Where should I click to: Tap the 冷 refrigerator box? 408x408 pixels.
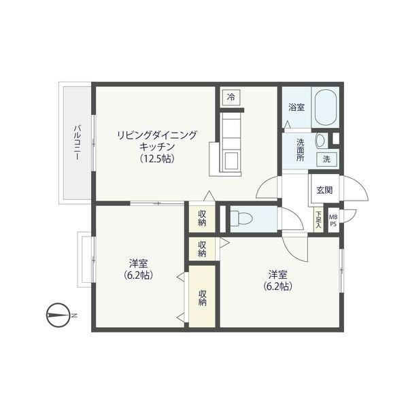pos(231,97)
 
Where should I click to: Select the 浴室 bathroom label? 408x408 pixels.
pos(296,107)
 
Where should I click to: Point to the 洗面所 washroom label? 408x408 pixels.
pos(301,149)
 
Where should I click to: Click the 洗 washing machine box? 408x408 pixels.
pos(327,159)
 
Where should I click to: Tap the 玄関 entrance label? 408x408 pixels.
pos(324,190)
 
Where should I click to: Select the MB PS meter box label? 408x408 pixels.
pos(333,220)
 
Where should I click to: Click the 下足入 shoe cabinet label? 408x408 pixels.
pos(318,219)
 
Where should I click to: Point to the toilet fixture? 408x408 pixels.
pos(241,218)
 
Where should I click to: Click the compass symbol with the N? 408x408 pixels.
pos(59,315)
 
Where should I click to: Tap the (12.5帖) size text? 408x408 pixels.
pos(156,159)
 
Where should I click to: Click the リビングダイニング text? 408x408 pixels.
pos(157,135)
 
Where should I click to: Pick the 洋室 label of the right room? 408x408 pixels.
pos(277,274)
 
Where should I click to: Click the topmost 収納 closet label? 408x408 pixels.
pos(202,218)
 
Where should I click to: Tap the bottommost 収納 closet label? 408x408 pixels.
pos(203,298)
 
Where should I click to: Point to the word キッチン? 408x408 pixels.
pos(157,147)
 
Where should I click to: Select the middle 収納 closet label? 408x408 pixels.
pos(202,248)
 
